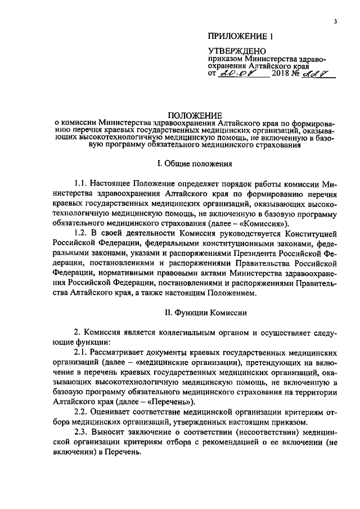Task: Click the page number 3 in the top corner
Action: [x=335, y=21]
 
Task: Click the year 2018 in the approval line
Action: [x=281, y=74]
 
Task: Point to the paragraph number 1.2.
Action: [x=81, y=232]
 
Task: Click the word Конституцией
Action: [x=308, y=232]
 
